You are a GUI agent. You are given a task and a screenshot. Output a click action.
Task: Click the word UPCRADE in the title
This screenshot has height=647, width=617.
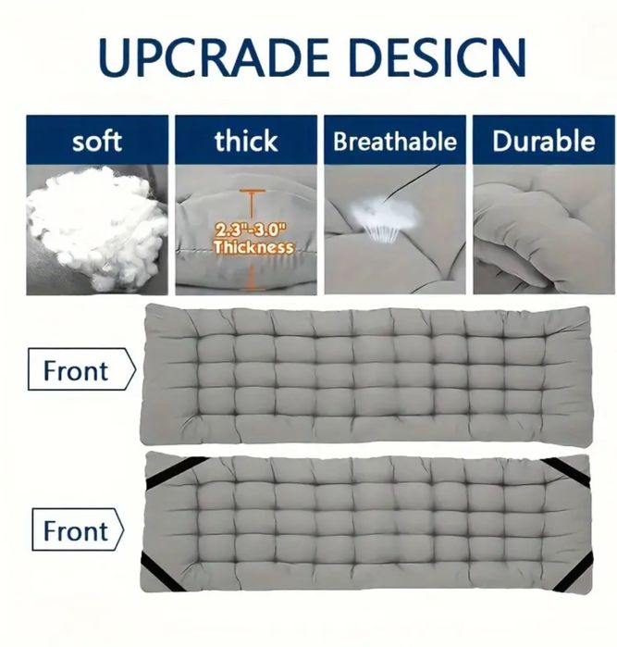tap(214, 57)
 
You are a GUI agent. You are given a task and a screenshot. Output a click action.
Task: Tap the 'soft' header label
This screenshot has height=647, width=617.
tap(97, 141)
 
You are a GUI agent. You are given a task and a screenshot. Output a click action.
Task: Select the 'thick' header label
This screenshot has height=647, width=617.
tap(246, 141)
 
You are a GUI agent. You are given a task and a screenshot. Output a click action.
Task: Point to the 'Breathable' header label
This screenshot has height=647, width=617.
tap(395, 141)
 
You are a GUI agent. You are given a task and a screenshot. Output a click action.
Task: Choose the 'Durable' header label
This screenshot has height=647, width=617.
tap(544, 141)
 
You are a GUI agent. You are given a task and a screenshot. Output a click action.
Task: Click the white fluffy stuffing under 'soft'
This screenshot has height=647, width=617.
tap(97, 228)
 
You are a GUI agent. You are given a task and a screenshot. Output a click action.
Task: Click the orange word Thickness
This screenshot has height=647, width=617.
tap(253, 247)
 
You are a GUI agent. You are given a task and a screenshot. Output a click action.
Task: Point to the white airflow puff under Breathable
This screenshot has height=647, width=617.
tap(384, 215)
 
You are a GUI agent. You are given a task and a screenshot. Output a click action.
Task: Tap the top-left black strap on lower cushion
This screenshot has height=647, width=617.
tap(176, 471)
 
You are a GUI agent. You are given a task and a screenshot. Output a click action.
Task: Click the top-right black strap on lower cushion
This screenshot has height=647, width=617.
tap(565, 471)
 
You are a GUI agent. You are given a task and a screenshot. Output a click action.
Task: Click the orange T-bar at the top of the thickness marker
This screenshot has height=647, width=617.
tap(253, 191)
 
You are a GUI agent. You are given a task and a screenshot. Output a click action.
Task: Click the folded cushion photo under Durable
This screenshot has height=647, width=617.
tap(544, 230)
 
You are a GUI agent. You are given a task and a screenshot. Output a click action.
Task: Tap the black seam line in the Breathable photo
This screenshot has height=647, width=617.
tap(412, 181)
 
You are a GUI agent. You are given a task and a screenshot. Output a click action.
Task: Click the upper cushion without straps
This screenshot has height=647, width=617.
tap(366, 374)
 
